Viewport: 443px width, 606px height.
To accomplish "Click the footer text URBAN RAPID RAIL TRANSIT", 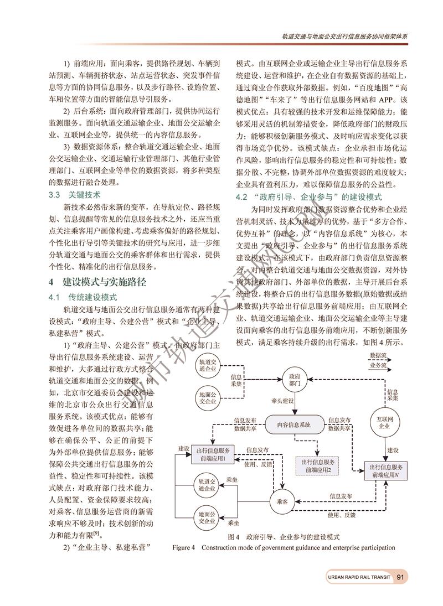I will pyautogui.click(x=359, y=577).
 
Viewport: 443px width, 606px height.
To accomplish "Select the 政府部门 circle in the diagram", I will pyautogui.click(x=295, y=380).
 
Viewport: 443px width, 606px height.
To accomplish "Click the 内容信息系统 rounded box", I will pyautogui.click(x=293, y=424).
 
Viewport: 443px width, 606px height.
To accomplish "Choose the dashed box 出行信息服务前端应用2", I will pyautogui.click(x=314, y=465).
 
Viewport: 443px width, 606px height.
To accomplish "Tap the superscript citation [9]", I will pyautogui.click(x=96, y=533).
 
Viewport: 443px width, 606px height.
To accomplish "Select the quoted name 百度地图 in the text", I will pyautogui.click(x=361, y=87).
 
